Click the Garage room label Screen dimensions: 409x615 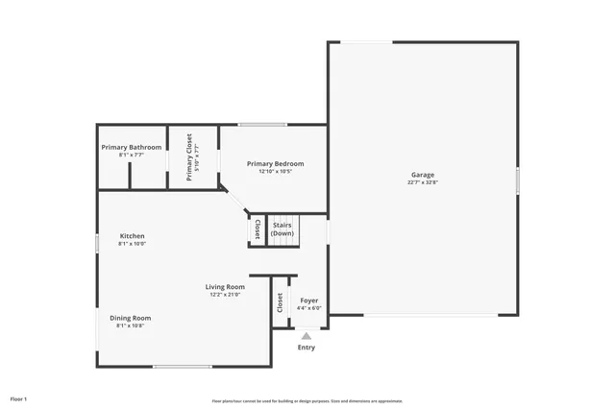(x=423, y=175)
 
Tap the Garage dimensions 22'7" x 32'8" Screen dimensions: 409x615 (x=423, y=182)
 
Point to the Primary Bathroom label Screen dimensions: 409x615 (x=132, y=147)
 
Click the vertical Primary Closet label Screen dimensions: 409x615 (x=189, y=157)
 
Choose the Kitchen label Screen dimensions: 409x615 (x=132, y=236)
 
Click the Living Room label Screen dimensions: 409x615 (x=225, y=286)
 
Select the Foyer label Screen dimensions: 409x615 (x=308, y=301)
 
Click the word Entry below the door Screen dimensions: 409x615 (x=306, y=348)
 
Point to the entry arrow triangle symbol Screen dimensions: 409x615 (x=306, y=336)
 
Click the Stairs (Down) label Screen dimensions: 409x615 (x=282, y=229)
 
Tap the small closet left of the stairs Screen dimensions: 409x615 (x=257, y=230)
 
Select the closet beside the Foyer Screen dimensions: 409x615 (x=280, y=302)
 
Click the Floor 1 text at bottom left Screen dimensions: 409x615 (x=18, y=398)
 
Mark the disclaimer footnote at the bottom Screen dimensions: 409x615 (x=307, y=401)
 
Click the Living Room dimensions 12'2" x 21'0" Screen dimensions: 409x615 (x=225, y=295)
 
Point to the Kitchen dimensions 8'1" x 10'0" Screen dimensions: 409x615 (x=132, y=244)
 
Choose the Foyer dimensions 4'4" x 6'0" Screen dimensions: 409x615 (x=308, y=308)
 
